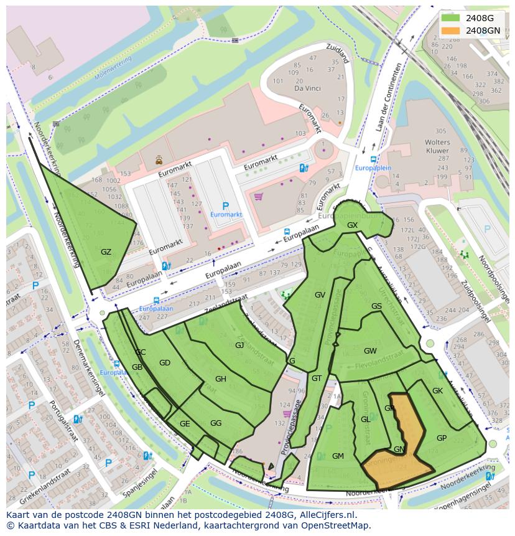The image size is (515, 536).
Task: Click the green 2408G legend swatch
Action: pyautogui.click(x=451, y=18)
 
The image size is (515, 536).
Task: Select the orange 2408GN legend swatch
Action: pyautogui.click(x=451, y=30)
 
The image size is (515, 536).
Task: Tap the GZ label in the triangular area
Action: pyautogui.click(x=106, y=252)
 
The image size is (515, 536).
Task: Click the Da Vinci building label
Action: pyautogui.click(x=307, y=89)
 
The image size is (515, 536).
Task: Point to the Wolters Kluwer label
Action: pyautogui.click(x=437, y=146)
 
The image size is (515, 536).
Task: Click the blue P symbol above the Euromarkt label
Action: pyautogui.click(x=226, y=205)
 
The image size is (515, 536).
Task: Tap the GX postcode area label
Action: pyautogui.click(x=353, y=225)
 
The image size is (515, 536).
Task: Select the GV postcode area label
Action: pyautogui.click(x=320, y=295)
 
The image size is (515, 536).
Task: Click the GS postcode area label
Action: pyautogui.click(x=376, y=306)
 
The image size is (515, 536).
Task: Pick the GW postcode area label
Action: pyautogui.click(x=370, y=351)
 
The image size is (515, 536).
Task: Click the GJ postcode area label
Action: pyautogui.click(x=239, y=345)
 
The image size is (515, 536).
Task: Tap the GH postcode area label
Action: pyautogui.click(x=221, y=378)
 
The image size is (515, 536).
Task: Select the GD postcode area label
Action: pyautogui.click(x=164, y=363)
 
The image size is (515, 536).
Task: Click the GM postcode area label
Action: pyautogui.click(x=338, y=456)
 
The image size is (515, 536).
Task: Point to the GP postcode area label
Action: pyautogui.click(x=442, y=438)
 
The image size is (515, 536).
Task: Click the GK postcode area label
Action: pyautogui.click(x=437, y=391)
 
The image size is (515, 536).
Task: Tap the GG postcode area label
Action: pyautogui.click(x=216, y=423)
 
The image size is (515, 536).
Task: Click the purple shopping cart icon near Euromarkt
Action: pyautogui.click(x=258, y=197)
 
